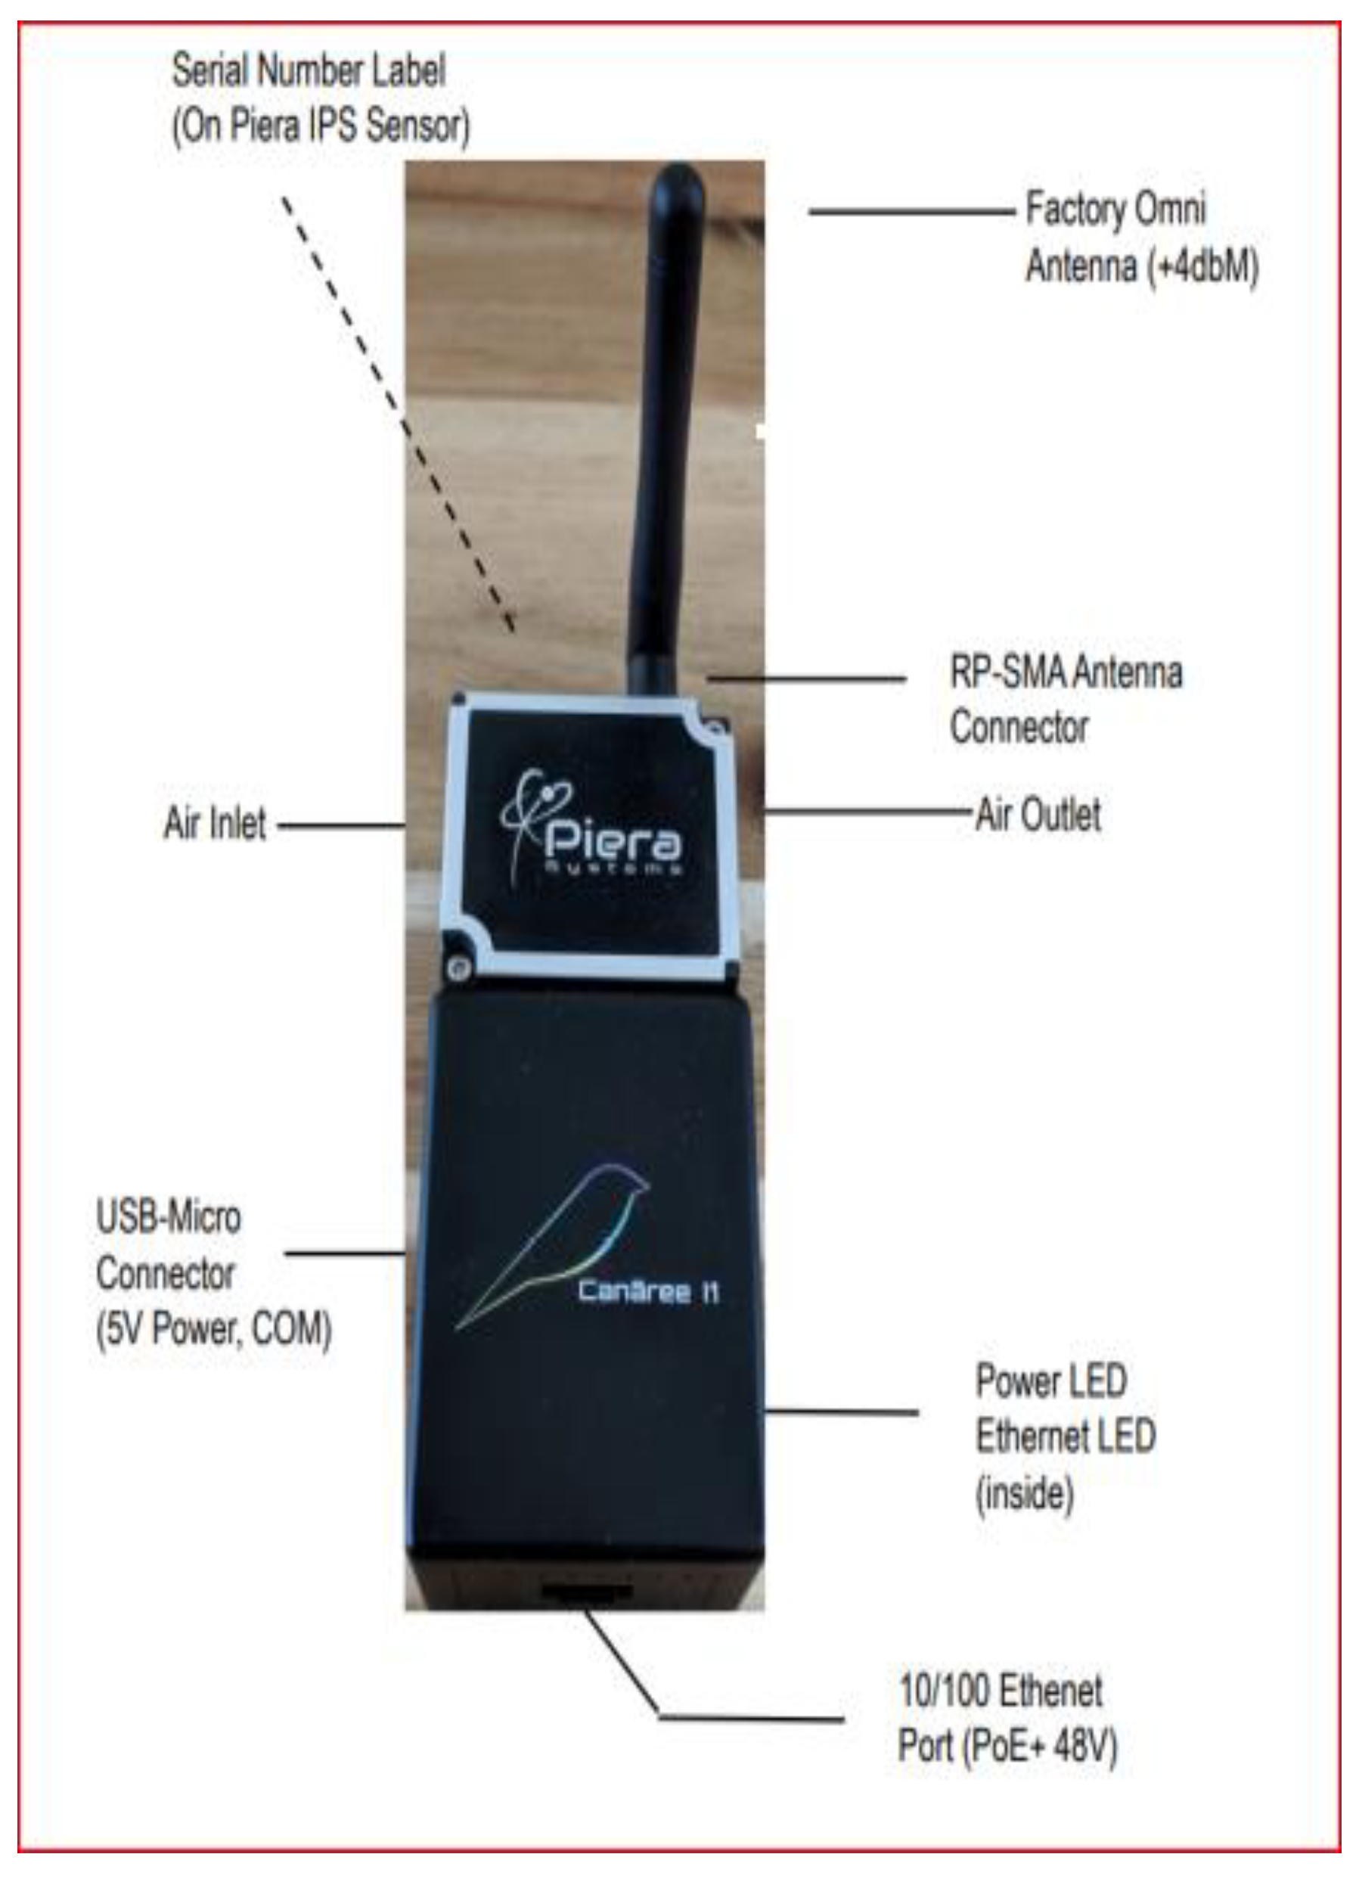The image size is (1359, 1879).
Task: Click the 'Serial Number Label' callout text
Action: (x=320, y=98)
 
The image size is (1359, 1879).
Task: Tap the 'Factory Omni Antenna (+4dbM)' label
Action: (x=1140, y=237)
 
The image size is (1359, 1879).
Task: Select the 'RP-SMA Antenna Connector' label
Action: (x=1065, y=698)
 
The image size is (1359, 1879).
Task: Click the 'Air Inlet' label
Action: (x=216, y=824)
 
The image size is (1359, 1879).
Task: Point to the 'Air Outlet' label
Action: (x=1038, y=814)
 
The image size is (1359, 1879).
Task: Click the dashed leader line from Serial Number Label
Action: (x=398, y=415)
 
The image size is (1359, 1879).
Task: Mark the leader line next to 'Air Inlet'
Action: (x=340, y=825)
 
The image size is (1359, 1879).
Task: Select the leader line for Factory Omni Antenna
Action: (x=911, y=212)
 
